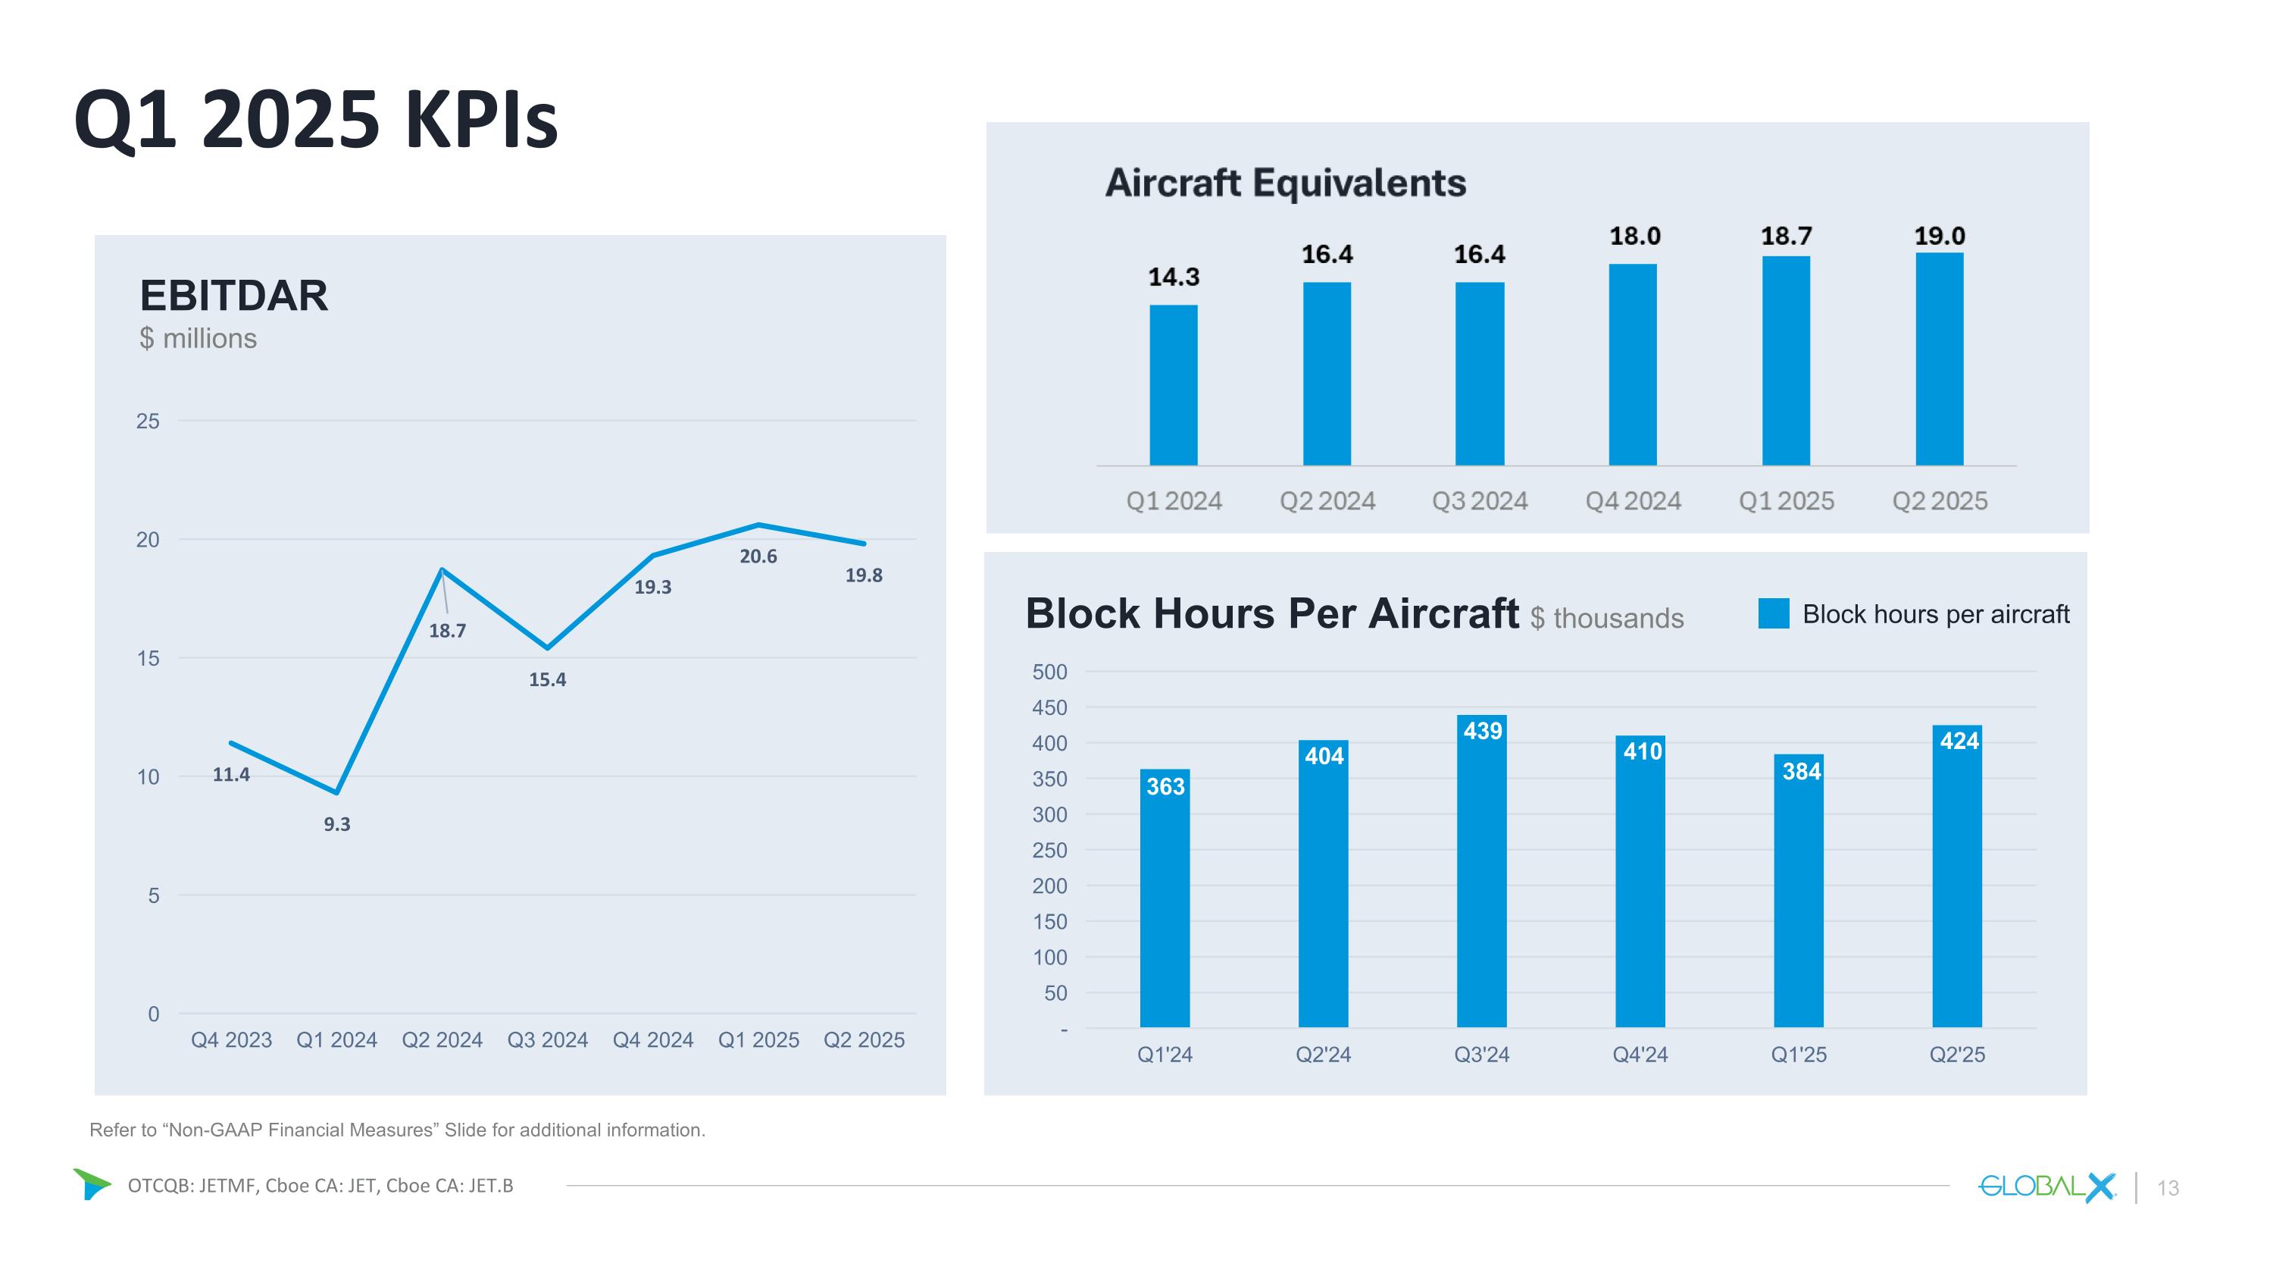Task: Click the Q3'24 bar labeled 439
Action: pyautogui.click(x=1481, y=874)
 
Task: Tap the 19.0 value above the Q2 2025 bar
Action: pyautogui.click(x=1940, y=236)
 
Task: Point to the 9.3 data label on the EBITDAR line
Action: pyautogui.click(x=336, y=824)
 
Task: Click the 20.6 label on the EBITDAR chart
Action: pyautogui.click(x=758, y=556)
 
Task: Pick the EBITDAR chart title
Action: pyautogui.click(x=234, y=296)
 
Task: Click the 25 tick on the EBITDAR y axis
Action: pyautogui.click(x=147, y=421)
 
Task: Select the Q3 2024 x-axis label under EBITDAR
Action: pyautogui.click(x=547, y=1039)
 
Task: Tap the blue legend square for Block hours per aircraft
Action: pyautogui.click(x=1773, y=613)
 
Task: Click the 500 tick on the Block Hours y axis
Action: pyautogui.click(x=1049, y=672)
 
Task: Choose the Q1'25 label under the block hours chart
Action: pyautogui.click(x=1798, y=1054)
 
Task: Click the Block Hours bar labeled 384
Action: pyautogui.click(x=1798, y=892)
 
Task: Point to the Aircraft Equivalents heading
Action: pyautogui.click(x=1285, y=183)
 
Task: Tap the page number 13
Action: pyautogui.click(x=2168, y=1188)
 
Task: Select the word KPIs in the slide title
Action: pyautogui.click(x=482, y=119)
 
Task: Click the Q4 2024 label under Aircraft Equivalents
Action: pyautogui.click(x=1633, y=501)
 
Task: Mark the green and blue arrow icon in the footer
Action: pyautogui.click(x=92, y=1183)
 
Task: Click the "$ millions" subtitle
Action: pyautogui.click(x=198, y=339)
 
